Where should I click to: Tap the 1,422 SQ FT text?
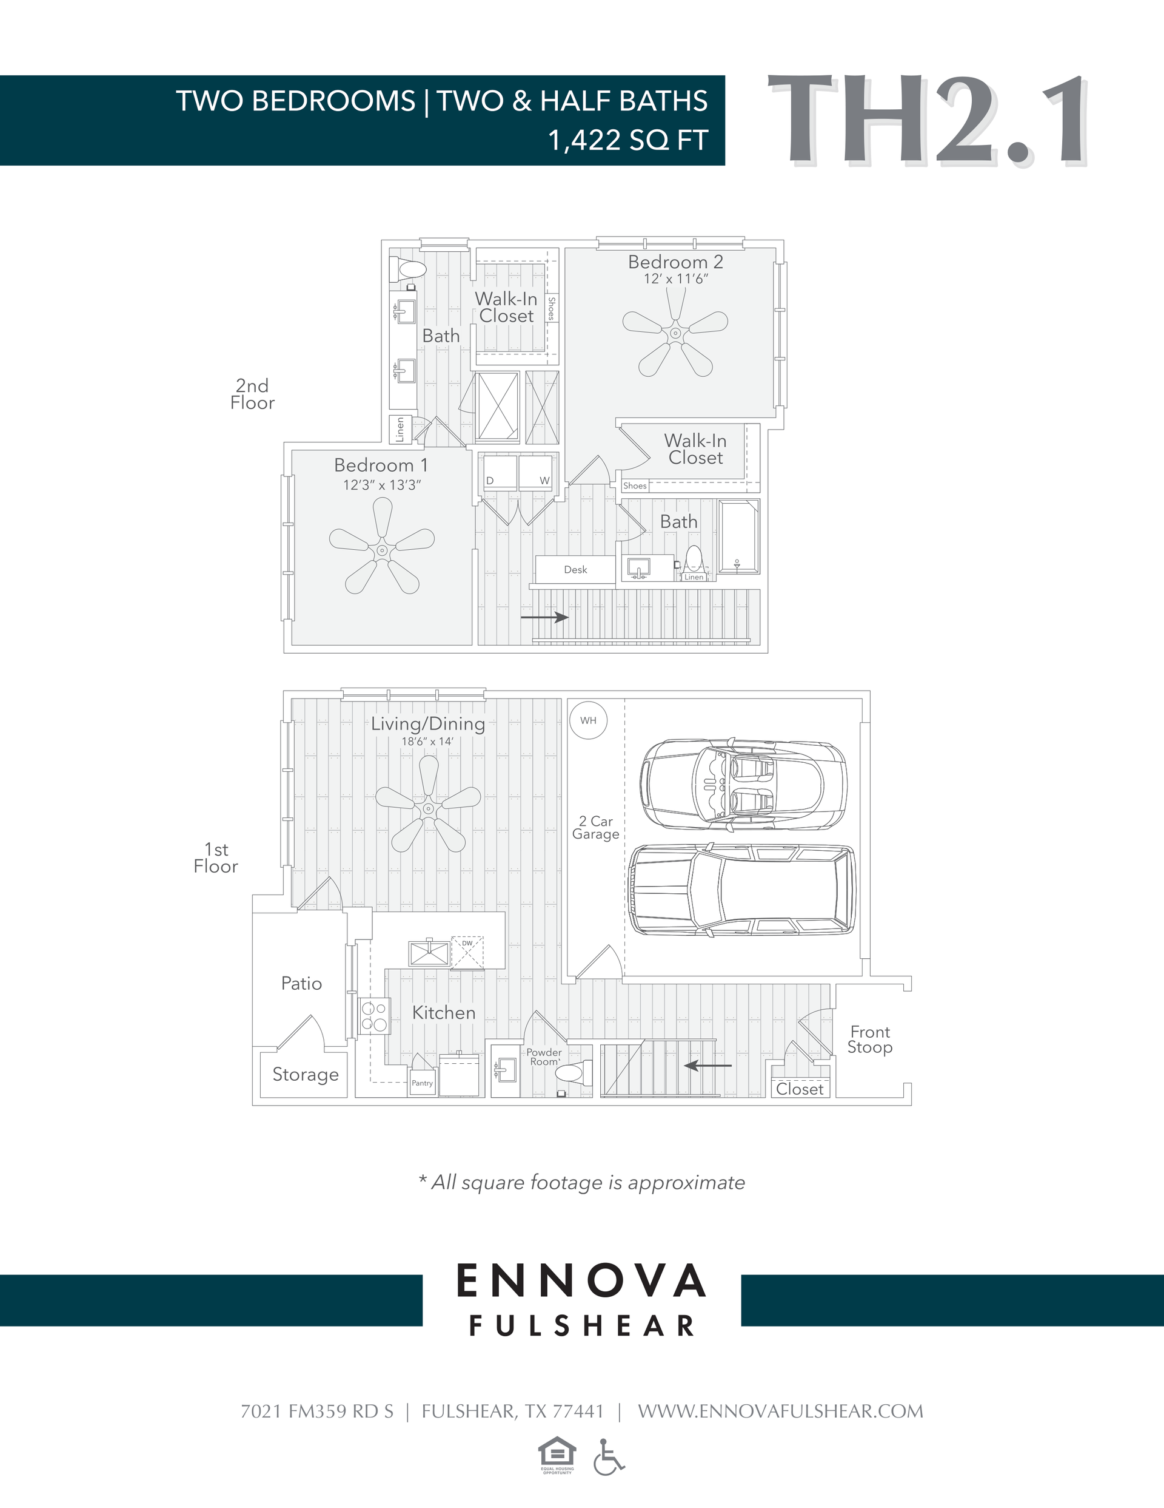pyautogui.click(x=627, y=140)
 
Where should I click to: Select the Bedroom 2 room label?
pyautogui.click(x=675, y=262)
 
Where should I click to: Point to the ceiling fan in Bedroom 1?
pyautogui.click(x=381, y=550)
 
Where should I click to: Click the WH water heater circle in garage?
pyautogui.click(x=588, y=720)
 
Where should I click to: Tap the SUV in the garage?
pyautogui.click(x=741, y=890)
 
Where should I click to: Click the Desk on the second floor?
pyautogui.click(x=575, y=570)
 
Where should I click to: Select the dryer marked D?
pyautogui.click(x=500, y=473)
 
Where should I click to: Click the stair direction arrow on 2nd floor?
pyautogui.click(x=544, y=617)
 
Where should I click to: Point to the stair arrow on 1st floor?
pyautogui.click(x=708, y=1066)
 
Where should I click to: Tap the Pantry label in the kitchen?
pyautogui.click(x=423, y=1083)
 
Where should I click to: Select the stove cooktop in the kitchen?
pyautogui.click(x=375, y=1016)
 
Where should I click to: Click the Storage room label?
pyautogui.click(x=305, y=1074)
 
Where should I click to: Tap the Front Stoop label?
pyautogui.click(x=869, y=1039)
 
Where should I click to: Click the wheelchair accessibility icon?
pyautogui.click(x=608, y=1457)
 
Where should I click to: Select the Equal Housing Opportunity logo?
pyautogui.click(x=557, y=1455)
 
